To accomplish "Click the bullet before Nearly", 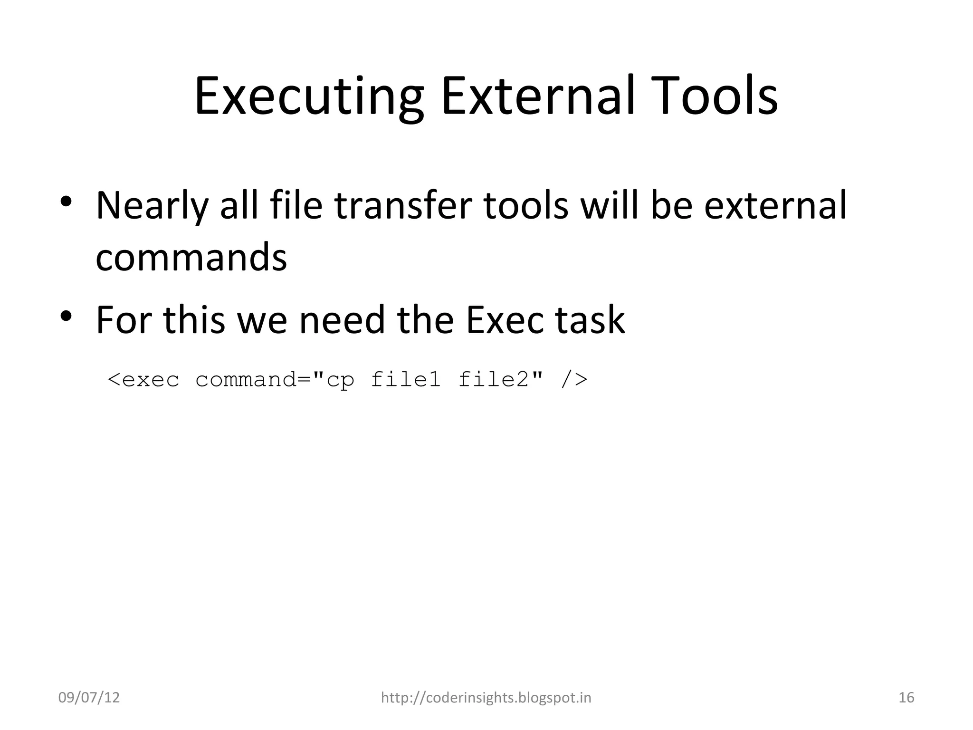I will (x=66, y=202).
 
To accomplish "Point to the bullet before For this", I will (x=66, y=316).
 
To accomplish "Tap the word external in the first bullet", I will (x=775, y=206).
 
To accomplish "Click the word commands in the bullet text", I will (x=191, y=257).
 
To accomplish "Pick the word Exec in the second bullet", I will (x=504, y=320).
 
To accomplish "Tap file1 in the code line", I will (x=406, y=380).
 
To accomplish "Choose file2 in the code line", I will (x=493, y=380).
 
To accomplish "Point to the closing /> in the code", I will (x=574, y=380).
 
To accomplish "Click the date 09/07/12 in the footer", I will (x=89, y=698).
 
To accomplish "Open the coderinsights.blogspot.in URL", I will (x=486, y=698).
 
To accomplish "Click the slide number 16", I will (x=906, y=698).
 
